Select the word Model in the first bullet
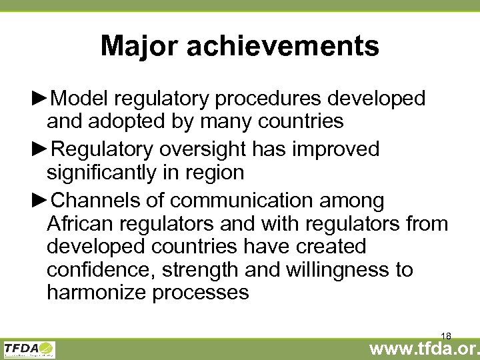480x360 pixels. [79, 99]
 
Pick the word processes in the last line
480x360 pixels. [201, 293]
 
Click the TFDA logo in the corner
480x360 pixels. [29, 349]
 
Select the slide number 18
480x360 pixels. [446, 337]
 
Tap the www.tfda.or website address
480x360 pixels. [424, 347]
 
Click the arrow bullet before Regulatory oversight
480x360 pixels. [40, 149]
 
